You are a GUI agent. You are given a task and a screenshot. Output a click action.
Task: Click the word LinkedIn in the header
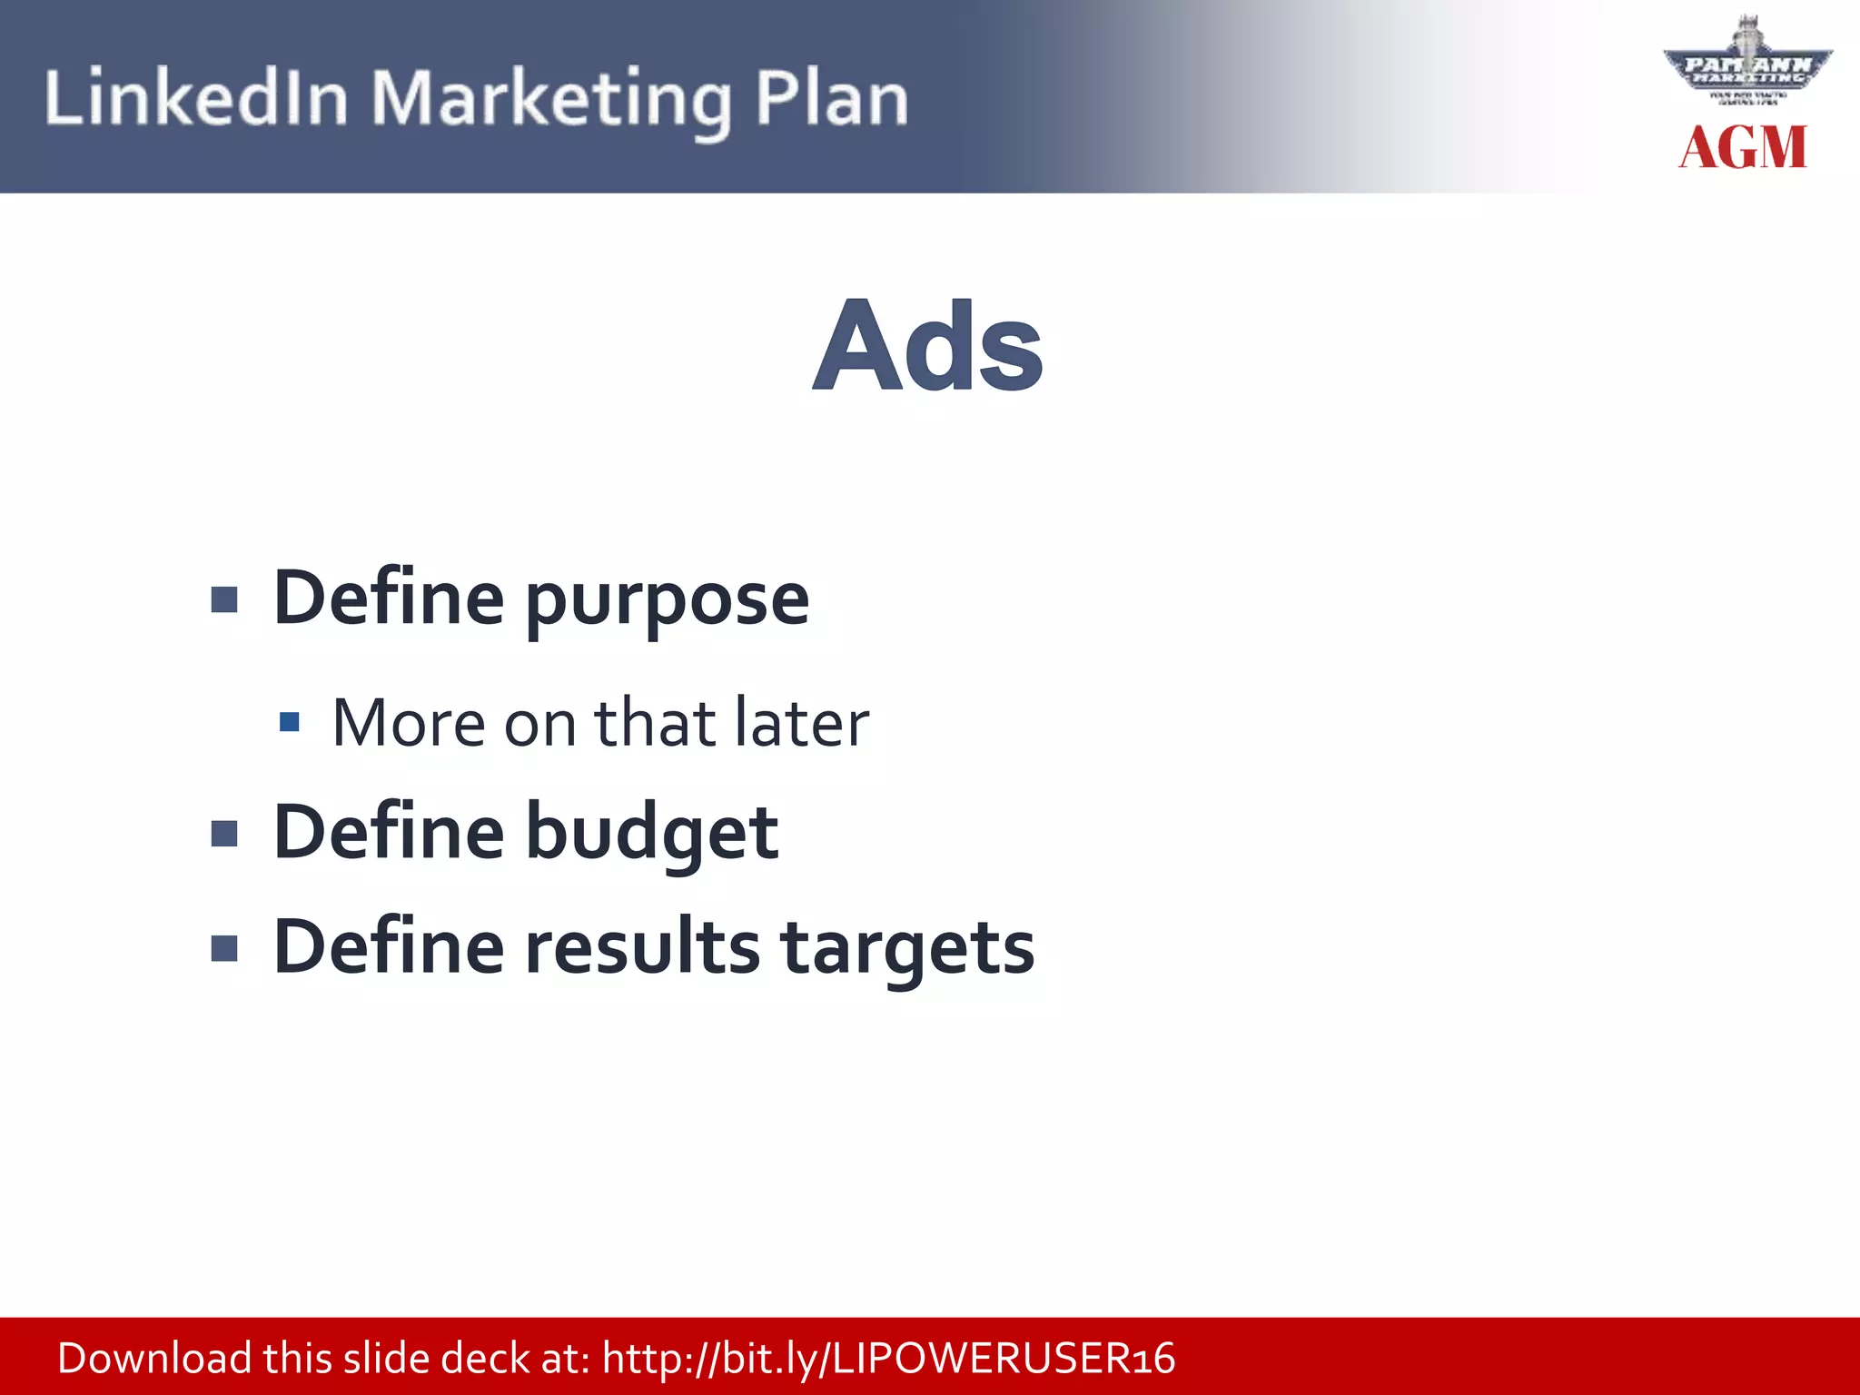(196, 98)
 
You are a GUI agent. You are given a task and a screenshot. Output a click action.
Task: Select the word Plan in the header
(831, 98)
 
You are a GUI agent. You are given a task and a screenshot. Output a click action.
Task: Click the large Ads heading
(928, 347)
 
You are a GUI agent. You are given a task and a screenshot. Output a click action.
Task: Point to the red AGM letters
(1743, 148)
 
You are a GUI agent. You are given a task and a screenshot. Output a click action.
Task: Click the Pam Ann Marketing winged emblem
(1747, 65)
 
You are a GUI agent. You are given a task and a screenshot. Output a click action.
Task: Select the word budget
(652, 832)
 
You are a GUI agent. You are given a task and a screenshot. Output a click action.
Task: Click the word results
(643, 947)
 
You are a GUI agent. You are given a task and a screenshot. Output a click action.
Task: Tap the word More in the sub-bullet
(409, 723)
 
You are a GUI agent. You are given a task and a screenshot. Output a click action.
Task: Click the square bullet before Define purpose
(224, 600)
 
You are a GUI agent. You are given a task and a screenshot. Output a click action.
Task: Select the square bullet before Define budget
(224, 834)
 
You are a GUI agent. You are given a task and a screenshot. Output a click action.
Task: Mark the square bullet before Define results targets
(224, 948)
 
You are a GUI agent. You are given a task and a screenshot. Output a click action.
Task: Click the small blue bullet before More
(290, 722)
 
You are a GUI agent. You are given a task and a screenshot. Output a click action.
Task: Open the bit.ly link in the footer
(888, 1359)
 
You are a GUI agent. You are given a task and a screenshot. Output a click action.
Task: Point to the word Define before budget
(389, 832)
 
